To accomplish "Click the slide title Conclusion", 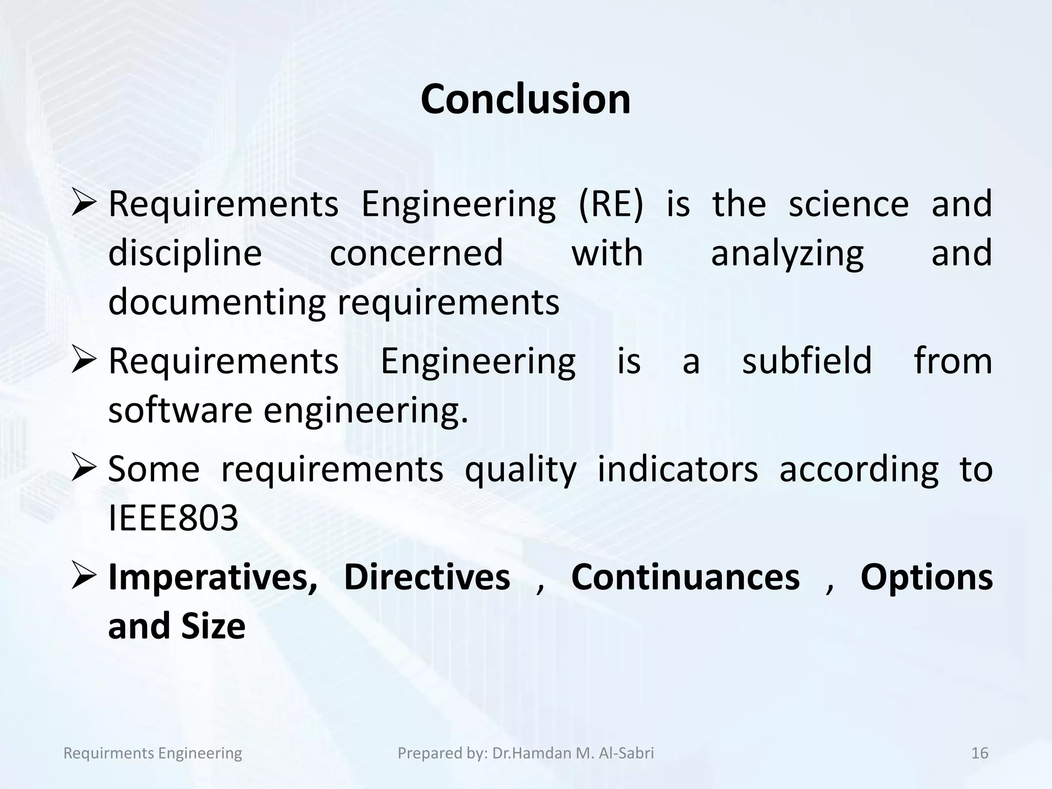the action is click(525, 99).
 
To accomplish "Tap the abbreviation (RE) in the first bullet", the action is click(610, 204).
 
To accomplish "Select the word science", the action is click(849, 204).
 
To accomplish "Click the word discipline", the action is click(185, 254).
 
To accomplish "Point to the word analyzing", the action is click(787, 254).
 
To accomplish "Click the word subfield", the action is click(807, 361).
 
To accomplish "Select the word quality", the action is click(520, 470).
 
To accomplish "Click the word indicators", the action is click(678, 469).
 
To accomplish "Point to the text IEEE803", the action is click(174, 518).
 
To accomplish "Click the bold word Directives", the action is click(427, 577).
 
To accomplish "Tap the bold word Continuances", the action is click(685, 577).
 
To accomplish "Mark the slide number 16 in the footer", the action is click(980, 753).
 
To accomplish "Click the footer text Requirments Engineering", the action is click(153, 753).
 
